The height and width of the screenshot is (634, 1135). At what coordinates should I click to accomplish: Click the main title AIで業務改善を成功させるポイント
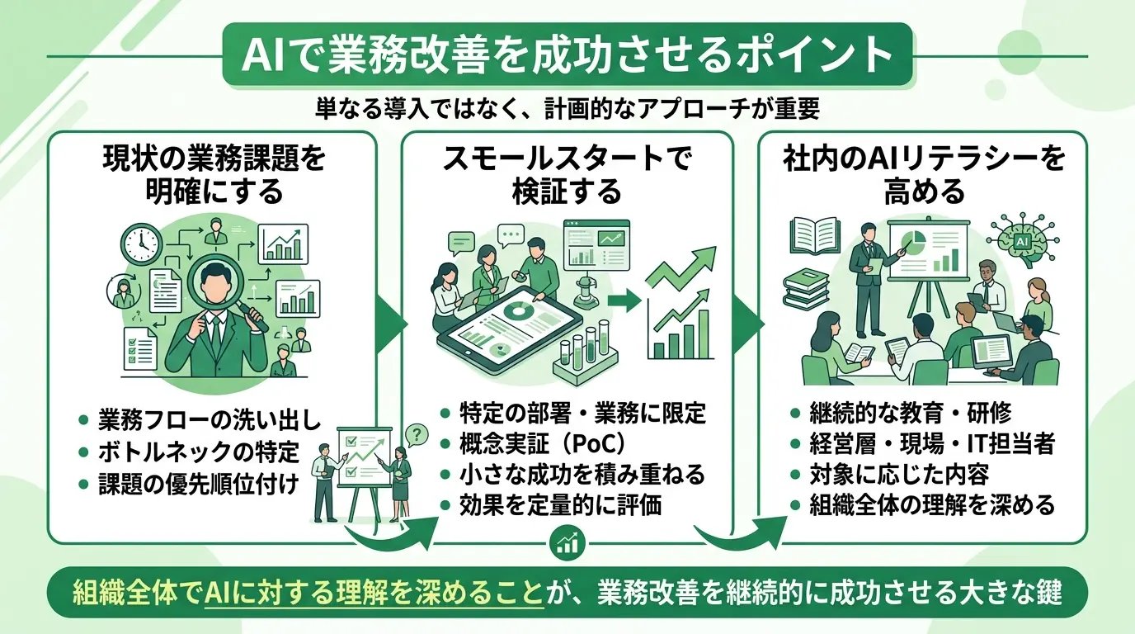coord(567,55)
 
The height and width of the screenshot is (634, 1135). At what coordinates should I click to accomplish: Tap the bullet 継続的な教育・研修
coord(900,413)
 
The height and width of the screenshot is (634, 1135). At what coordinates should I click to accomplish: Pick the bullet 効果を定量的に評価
coord(561,505)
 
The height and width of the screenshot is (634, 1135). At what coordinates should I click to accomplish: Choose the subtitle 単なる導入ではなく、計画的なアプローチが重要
coord(567,108)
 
